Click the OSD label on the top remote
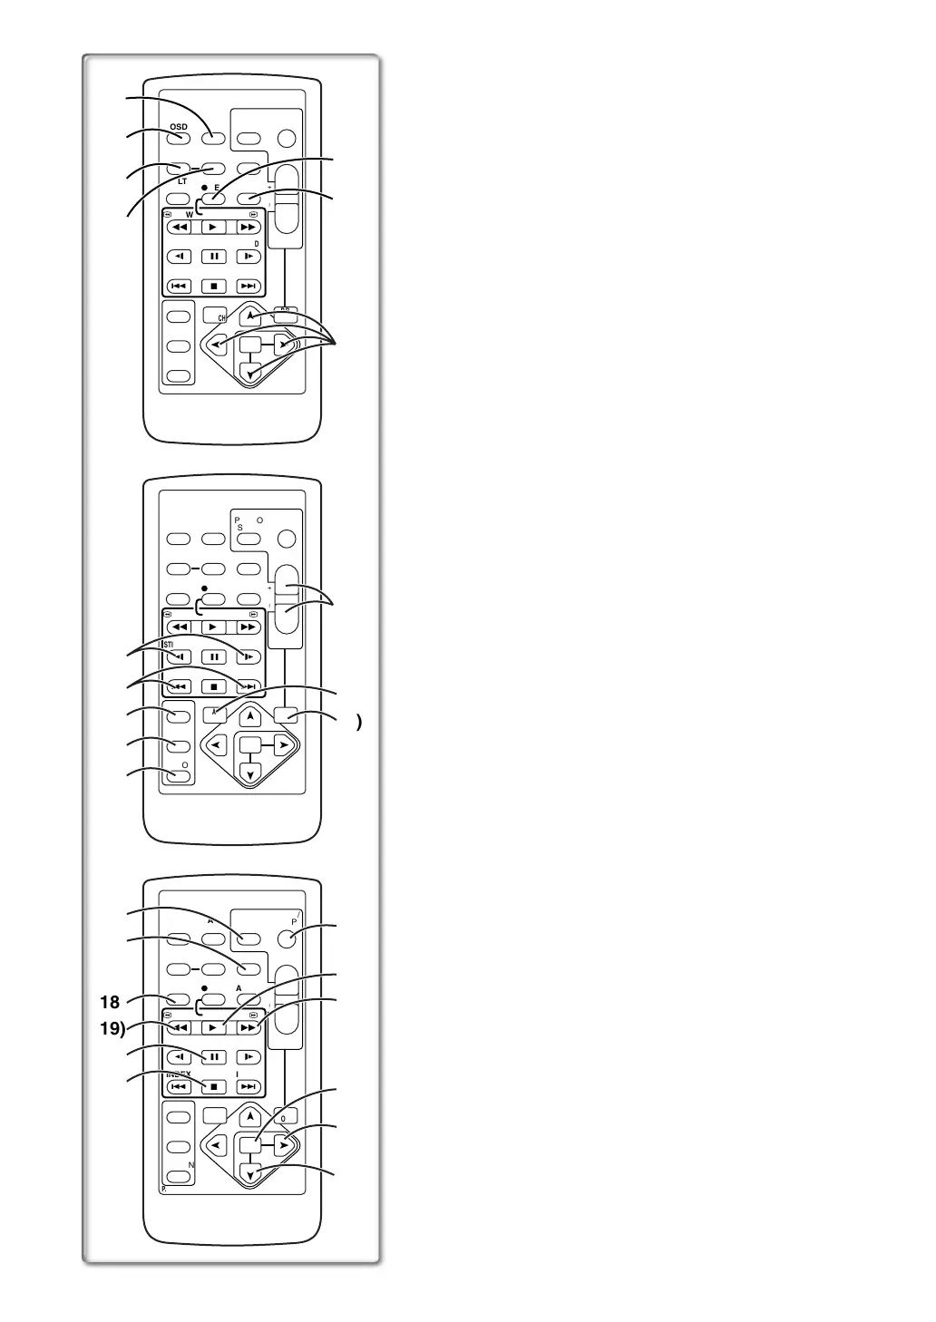tap(179, 125)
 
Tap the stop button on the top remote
tap(213, 286)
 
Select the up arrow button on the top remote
tap(252, 316)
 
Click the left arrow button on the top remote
tap(218, 345)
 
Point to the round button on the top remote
tap(287, 139)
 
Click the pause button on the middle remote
tap(213, 656)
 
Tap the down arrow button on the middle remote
tap(251, 773)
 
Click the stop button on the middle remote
tap(213, 686)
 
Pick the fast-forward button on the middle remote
tap(248, 627)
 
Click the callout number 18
tap(110, 1002)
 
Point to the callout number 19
tap(112, 1028)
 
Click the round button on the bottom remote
tap(287, 938)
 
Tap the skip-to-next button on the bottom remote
tap(248, 1086)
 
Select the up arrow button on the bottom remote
tap(251, 1116)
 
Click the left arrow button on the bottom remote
tap(218, 1145)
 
